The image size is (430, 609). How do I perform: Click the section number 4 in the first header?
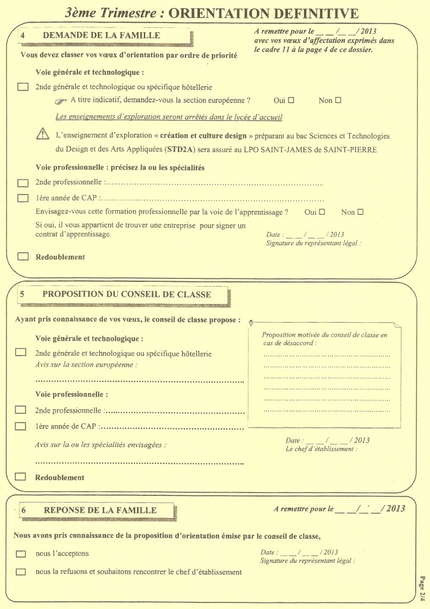click(22, 36)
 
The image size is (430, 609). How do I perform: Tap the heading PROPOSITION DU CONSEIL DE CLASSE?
click(127, 294)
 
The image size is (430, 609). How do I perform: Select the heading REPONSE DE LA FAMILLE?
click(100, 510)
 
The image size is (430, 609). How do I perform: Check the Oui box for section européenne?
click(291, 100)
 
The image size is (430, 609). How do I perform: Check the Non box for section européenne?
click(338, 100)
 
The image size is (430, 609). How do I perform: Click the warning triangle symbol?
click(42, 135)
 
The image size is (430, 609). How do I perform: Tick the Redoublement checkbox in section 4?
click(23, 257)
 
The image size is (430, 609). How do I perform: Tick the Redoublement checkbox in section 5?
click(21, 476)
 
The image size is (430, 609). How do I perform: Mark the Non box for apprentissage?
click(360, 212)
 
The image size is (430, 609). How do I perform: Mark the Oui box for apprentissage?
click(322, 212)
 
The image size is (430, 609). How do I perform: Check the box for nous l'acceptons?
click(21, 554)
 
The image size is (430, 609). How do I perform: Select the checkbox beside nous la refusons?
click(21, 572)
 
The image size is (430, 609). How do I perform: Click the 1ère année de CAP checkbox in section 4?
click(23, 198)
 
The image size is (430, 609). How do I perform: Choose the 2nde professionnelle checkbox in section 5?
click(21, 410)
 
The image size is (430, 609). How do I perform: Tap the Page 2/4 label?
click(421, 587)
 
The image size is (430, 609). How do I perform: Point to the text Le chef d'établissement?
click(321, 449)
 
